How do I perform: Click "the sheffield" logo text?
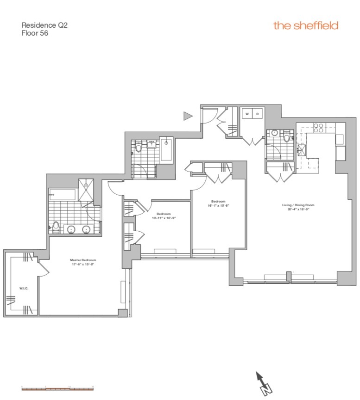(306, 25)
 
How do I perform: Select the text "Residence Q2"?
(44, 25)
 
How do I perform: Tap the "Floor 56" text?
(35, 33)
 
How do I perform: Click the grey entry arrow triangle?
(188, 116)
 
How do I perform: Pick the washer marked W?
(247, 114)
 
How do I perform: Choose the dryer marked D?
(258, 114)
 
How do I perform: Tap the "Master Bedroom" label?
(83, 260)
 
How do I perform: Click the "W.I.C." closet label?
(24, 289)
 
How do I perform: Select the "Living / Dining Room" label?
(298, 205)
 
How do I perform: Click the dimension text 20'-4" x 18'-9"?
(298, 209)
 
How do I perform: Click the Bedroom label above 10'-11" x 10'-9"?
(164, 214)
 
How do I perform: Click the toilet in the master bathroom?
(55, 227)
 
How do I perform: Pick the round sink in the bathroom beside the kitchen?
(275, 133)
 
